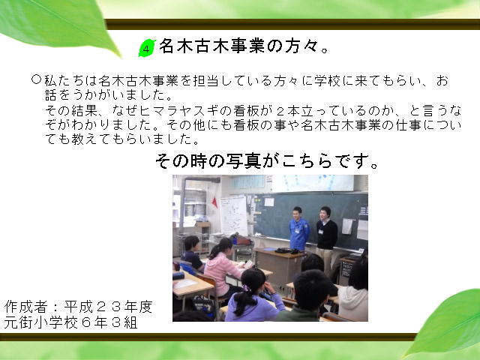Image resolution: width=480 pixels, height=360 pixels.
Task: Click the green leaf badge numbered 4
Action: click(147, 48)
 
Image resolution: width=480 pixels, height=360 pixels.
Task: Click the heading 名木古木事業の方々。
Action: click(244, 46)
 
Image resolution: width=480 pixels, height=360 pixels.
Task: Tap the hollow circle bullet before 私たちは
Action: click(37, 79)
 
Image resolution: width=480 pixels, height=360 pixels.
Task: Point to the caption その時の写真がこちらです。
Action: click(267, 161)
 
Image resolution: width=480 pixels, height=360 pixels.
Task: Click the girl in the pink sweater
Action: click(221, 266)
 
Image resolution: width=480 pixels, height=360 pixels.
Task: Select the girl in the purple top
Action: click(252, 295)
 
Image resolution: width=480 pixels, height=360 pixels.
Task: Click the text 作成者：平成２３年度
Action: click(78, 307)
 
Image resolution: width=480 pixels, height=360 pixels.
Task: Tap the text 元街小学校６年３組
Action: click(71, 322)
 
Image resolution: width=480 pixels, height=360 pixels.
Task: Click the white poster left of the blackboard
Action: click(233, 216)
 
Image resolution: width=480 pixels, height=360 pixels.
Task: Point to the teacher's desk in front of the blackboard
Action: click(279, 263)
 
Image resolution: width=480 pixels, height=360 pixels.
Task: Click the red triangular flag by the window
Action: click(215, 202)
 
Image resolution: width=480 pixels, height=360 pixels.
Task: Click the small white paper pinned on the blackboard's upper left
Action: click(269, 202)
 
